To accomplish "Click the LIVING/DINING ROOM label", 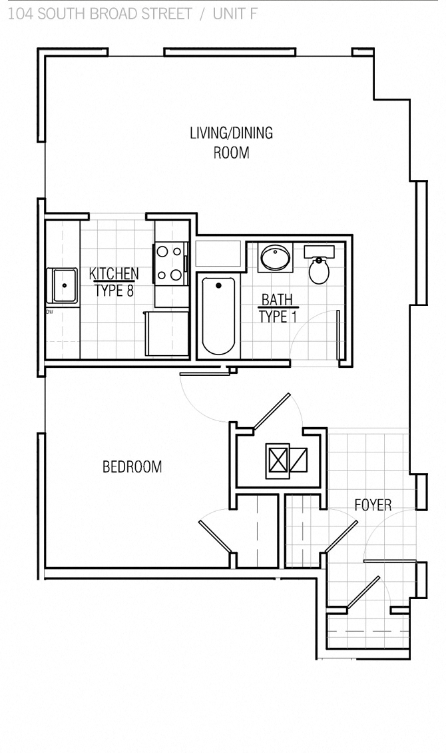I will pyautogui.click(x=231, y=143).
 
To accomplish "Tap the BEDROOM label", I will pyautogui.click(x=132, y=467).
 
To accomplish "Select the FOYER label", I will pyautogui.click(x=373, y=505).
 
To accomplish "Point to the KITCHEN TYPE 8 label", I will pyautogui.click(x=114, y=282).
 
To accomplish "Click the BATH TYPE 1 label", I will pyautogui.click(x=277, y=308).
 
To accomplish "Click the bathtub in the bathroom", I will pyautogui.click(x=218, y=317).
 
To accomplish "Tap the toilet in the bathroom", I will pyautogui.click(x=320, y=270).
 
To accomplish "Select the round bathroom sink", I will pyautogui.click(x=275, y=257).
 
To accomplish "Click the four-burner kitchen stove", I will pyautogui.click(x=170, y=263).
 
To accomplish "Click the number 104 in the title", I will pyautogui.click(x=20, y=14).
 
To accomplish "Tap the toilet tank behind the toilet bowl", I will pyautogui.click(x=320, y=251).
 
